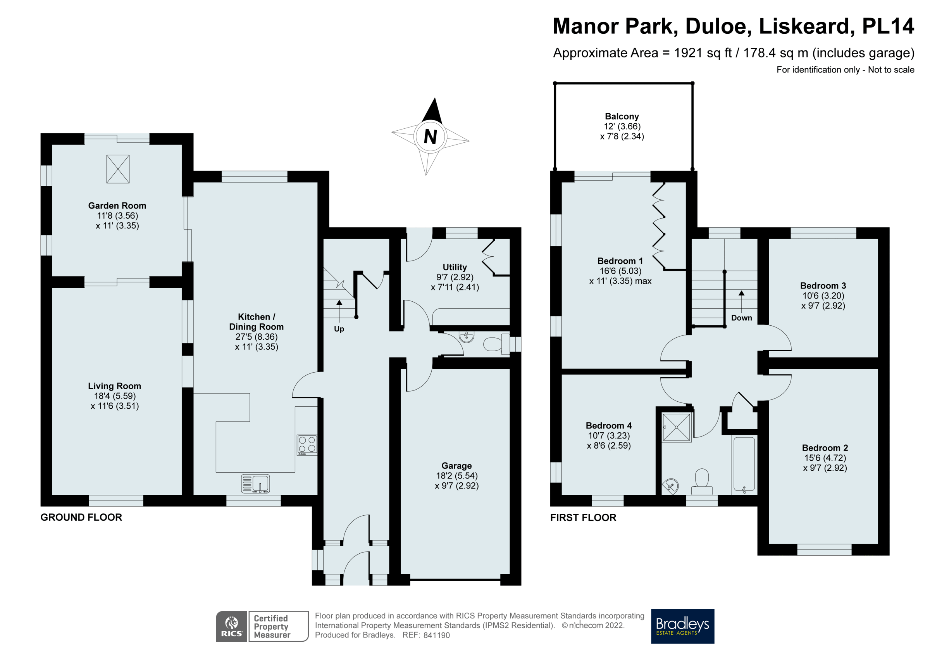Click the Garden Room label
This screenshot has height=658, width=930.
click(117, 206)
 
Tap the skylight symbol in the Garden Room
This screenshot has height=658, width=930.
click(118, 169)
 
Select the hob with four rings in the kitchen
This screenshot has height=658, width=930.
click(307, 444)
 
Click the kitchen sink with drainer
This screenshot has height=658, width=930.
click(255, 484)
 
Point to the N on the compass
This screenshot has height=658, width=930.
click(430, 136)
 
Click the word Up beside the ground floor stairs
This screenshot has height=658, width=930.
click(339, 329)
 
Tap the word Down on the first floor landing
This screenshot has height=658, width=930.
click(741, 318)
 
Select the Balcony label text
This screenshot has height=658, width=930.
click(622, 116)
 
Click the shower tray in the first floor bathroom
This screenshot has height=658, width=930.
click(677, 427)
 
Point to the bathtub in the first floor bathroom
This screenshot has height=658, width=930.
click(744, 464)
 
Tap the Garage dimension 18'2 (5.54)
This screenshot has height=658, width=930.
click(456, 475)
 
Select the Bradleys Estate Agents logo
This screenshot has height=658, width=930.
click(682, 626)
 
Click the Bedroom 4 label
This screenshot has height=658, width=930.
click(608, 426)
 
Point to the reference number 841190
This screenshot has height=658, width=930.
click(436, 635)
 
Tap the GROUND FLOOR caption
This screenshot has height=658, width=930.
click(81, 517)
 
